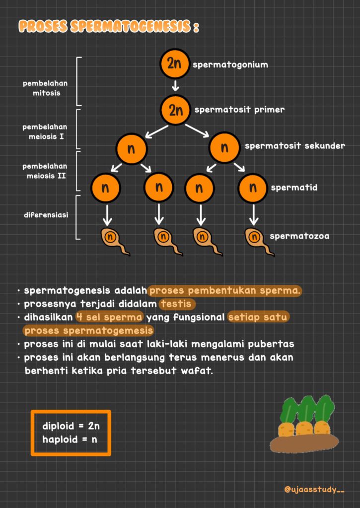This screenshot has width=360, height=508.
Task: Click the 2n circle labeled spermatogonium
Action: point(174,64)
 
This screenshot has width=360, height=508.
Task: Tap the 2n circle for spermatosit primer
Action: point(175,110)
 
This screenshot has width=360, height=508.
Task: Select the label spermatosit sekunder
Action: point(294,146)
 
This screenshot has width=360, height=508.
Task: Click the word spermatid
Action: point(294,188)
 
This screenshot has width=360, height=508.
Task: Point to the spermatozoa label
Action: point(299,236)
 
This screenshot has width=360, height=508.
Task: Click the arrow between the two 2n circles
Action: point(175,86)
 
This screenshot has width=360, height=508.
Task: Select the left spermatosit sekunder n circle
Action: point(132,148)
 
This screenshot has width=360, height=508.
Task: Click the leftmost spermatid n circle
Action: point(105,188)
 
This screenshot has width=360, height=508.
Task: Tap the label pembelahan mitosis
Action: point(45,88)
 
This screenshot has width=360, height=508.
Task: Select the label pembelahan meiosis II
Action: point(45,171)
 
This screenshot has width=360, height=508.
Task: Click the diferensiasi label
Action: point(46,215)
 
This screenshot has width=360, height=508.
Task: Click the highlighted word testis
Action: point(177,304)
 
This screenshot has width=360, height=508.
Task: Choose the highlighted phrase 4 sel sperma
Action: point(110,317)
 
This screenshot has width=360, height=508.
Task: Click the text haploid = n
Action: point(70,440)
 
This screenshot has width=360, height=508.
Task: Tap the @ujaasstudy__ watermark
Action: point(314,489)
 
